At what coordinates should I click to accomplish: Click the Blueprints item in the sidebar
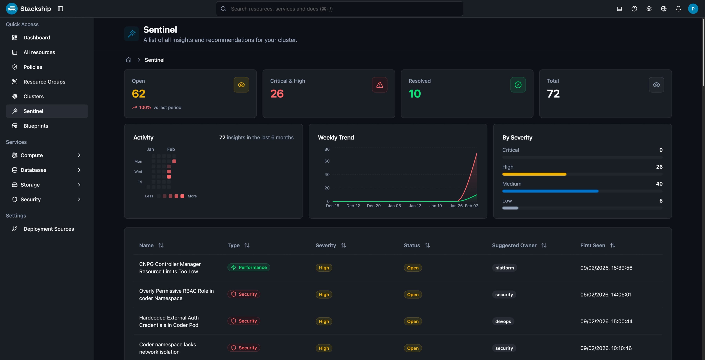pos(36,126)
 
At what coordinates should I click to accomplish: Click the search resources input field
pos(339,9)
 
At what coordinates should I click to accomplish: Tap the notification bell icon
pos(678,9)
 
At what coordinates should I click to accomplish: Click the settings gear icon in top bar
pos(649,9)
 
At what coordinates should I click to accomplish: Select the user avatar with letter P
pos(693,9)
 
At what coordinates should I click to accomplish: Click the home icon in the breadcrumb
pos(128,60)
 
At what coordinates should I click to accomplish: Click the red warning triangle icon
pos(379,85)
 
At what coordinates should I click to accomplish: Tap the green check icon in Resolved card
pos(518,85)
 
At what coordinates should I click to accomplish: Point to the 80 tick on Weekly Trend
pos(327,149)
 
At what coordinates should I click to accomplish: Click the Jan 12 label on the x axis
pos(415,206)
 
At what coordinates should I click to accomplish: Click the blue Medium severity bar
pos(550,191)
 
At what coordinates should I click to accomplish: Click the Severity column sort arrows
pos(343,245)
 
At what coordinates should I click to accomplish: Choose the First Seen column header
pos(592,245)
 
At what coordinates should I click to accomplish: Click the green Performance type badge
pos(249,267)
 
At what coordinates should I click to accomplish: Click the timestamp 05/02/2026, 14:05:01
pos(606,295)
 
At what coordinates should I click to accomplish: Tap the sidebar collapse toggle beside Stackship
pos(60,9)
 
